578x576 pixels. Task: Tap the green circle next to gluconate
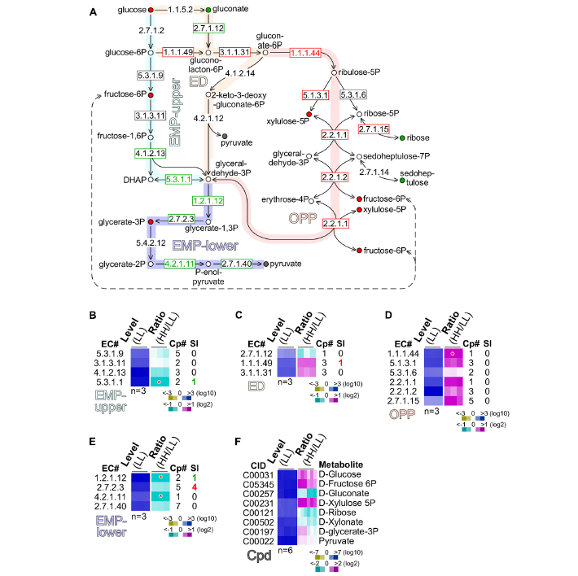click(209, 9)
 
